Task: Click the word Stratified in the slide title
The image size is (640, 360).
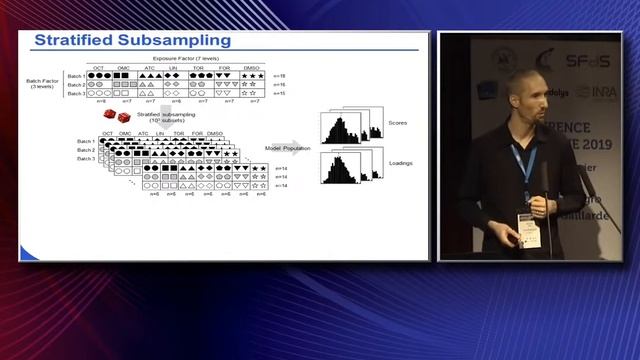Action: pyautogui.click(x=72, y=41)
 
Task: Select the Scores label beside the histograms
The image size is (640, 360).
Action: pyautogui.click(x=397, y=124)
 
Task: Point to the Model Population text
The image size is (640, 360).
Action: pyautogui.click(x=287, y=147)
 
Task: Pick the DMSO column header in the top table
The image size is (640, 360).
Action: pyautogui.click(x=251, y=68)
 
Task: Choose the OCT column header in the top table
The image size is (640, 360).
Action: pyautogui.click(x=99, y=68)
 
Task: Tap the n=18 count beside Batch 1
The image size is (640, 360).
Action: pyautogui.click(x=280, y=76)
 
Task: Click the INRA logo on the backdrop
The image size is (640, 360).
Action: pyautogui.click(x=604, y=92)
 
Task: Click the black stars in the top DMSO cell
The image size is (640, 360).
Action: pyautogui.click(x=252, y=76)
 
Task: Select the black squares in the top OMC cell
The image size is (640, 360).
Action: pyautogui.click(x=124, y=76)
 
